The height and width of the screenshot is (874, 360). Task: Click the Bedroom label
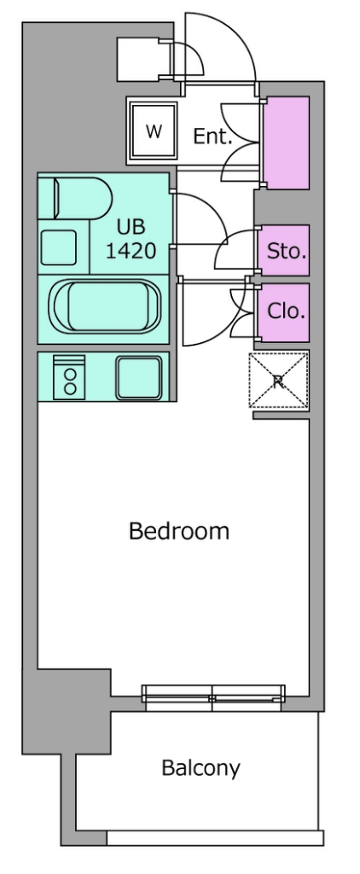click(x=179, y=531)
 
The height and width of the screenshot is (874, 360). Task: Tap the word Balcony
click(x=200, y=768)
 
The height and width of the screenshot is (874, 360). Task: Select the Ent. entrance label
click(x=212, y=136)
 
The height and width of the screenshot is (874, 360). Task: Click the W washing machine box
click(x=154, y=131)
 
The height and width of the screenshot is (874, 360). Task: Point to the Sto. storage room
click(x=283, y=250)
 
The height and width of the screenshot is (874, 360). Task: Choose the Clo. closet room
click(x=283, y=312)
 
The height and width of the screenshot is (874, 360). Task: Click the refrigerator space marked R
click(x=278, y=382)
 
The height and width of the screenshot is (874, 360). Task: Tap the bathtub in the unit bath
click(x=104, y=307)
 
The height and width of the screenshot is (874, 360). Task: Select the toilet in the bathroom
click(x=75, y=198)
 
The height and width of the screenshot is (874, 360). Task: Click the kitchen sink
click(x=139, y=377)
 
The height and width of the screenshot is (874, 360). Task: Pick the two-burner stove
click(x=69, y=377)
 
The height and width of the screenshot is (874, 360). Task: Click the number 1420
click(x=131, y=252)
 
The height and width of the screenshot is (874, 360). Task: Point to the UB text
click(x=131, y=227)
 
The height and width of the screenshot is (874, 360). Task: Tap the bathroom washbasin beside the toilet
click(x=59, y=247)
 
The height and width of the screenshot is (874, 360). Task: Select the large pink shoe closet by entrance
click(x=285, y=143)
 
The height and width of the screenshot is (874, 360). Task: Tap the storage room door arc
click(x=233, y=248)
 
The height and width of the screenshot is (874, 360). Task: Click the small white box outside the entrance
click(x=137, y=60)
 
